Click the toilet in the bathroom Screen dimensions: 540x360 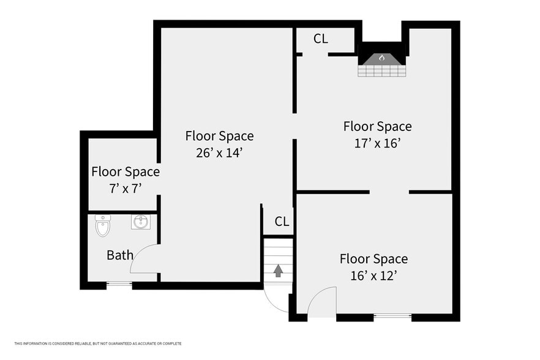coord(103,226)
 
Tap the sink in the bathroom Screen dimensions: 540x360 coord(141,222)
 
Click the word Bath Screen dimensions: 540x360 coord(120,255)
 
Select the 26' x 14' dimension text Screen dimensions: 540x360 coord(219,152)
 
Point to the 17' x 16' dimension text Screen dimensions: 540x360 coord(377,143)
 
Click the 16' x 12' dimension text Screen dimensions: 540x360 coord(373,276)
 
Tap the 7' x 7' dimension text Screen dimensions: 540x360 coord(126,189)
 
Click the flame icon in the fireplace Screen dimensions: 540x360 coord(381,58)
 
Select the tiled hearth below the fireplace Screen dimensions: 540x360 coord(382,70)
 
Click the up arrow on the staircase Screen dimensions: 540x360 coord(278,271)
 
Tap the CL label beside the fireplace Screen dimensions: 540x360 coord(321,39)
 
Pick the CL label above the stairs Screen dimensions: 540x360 coord(282,222)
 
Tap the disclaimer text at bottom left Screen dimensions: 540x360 coord(98,343)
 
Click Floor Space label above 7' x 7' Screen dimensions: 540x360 coord(126,171)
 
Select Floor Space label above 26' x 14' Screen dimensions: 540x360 coord(219,136)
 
